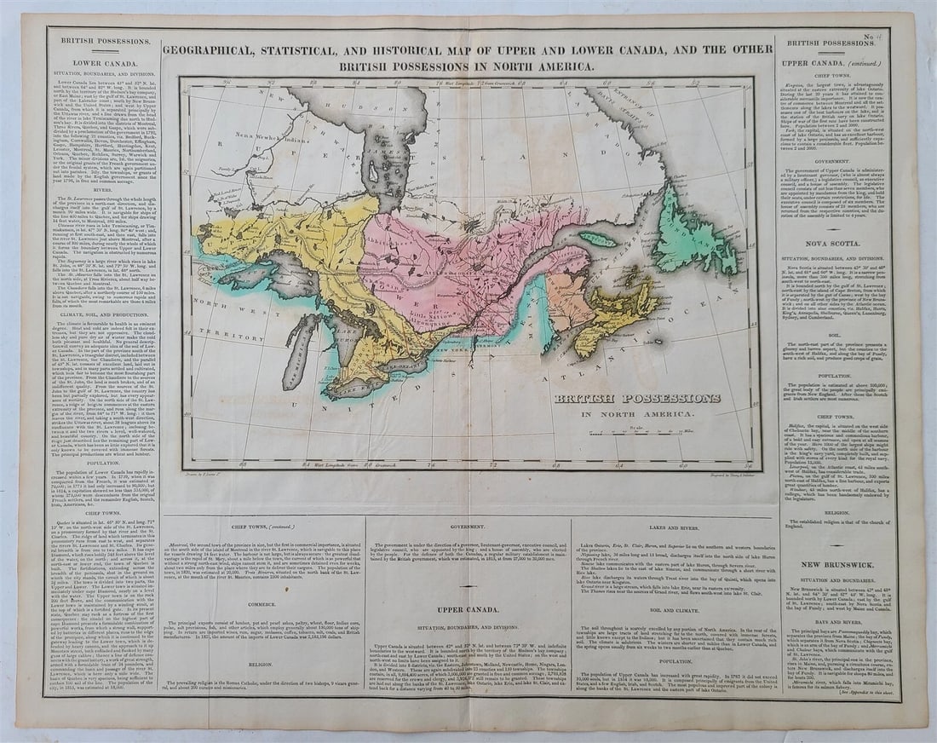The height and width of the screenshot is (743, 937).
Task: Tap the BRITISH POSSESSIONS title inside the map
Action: click(637, 399)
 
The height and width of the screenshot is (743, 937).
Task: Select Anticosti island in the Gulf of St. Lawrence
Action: click(597, 239)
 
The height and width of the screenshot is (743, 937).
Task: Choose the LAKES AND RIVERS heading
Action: click(675, 528)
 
